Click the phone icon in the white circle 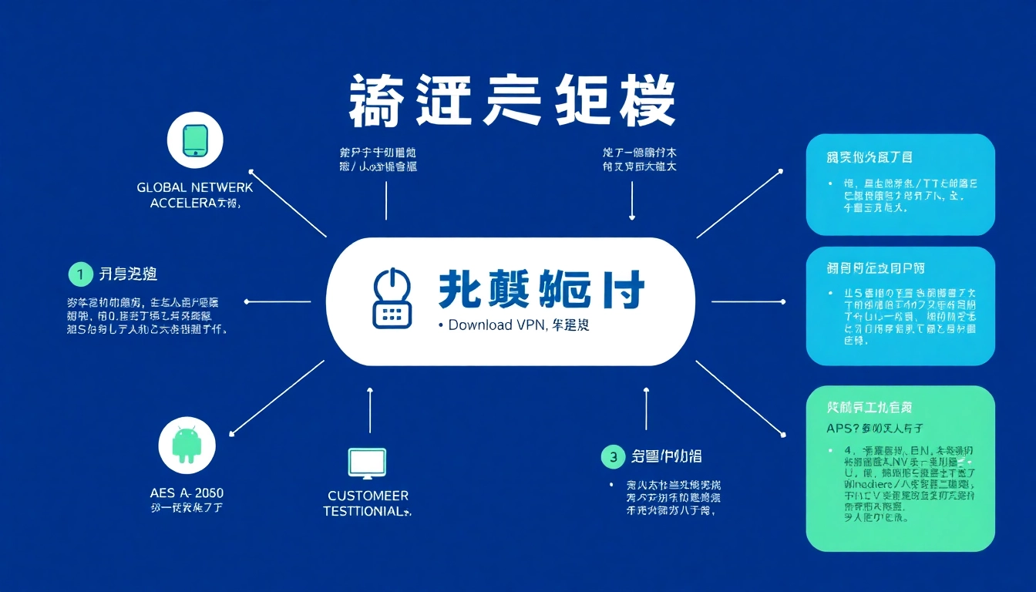194,140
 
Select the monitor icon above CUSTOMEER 368,462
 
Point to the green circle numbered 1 79,274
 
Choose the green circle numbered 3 612,457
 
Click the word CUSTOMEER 368,496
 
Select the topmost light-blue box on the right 900,184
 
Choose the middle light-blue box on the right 900,306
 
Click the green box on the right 900,468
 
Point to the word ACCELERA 183,203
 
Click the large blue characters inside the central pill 541,291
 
